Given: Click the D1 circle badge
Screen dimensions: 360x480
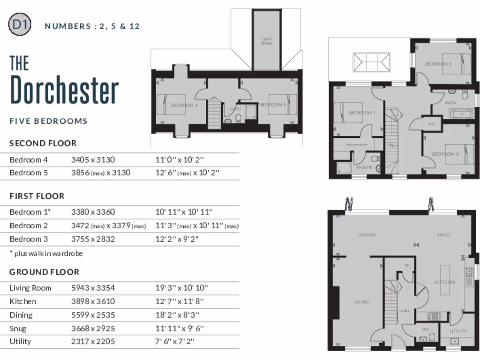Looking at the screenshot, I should click(20, 25).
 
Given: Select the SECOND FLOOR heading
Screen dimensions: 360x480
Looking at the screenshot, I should click(43, 143).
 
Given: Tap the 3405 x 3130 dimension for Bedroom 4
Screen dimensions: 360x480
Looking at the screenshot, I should click(93, 160).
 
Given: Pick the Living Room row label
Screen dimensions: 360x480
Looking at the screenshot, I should click(30, 288).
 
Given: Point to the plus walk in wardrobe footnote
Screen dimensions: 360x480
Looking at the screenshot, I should click(46, 253).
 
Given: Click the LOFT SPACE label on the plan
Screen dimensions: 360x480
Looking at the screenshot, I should click(267, 41).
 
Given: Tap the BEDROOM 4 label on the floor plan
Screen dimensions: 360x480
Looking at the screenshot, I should click(184, 105).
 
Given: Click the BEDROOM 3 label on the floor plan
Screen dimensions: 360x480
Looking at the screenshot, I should click(438, 64).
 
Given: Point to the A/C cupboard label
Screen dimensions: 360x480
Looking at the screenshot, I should click(432, 124).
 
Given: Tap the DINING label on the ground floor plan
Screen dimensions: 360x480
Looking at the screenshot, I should click(367, 235).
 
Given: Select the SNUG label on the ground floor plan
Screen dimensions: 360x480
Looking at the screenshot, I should click(443, 235).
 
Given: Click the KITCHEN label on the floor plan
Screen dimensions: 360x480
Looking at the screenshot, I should click(445, 282).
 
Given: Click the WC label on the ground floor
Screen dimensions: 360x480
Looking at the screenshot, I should click(426, 330).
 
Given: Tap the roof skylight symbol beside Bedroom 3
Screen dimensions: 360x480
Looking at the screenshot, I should click(372, 62).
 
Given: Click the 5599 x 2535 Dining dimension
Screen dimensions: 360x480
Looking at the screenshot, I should click(93, 315).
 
